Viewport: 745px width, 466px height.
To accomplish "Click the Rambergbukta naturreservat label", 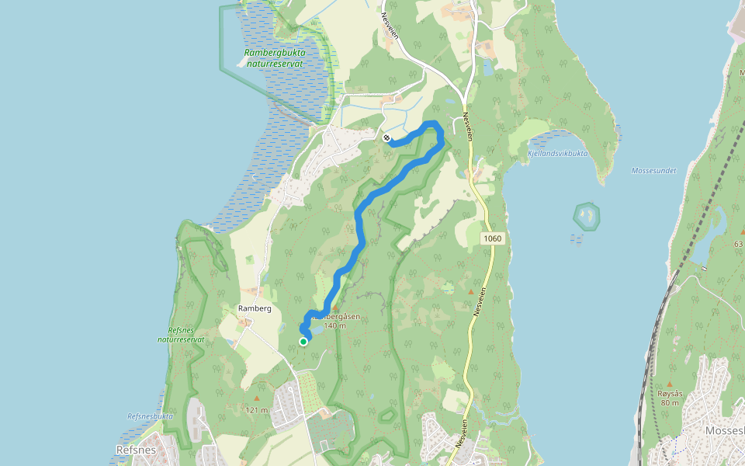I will click(x=275, y=57).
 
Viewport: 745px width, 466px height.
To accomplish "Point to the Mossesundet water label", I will click(x=653, y=171).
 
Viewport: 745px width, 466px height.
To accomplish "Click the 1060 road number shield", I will click(x=492, y=238).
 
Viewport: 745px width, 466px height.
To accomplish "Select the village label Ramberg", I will click(x=255, y=308).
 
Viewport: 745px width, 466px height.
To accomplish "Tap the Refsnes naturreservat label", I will click(x=181, y=335).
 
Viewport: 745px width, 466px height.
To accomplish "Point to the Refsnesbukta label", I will click(x=150, y=416).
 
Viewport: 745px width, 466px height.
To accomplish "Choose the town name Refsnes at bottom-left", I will click(x=136, y=450).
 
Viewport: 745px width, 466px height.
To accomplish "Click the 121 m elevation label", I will click(x=256, y=410).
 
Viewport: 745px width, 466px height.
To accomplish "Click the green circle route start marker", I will click(x=303, y=341).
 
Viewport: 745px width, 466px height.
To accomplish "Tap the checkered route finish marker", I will click(x=386, y=137).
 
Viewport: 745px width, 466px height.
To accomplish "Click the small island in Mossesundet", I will click(x=587, y=215).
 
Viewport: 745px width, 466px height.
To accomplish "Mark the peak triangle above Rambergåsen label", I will click(x=335, y=308).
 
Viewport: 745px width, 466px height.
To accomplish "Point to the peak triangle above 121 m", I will click(x=256, y=398).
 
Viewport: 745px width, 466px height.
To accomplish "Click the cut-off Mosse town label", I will click(x=724, y=430).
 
